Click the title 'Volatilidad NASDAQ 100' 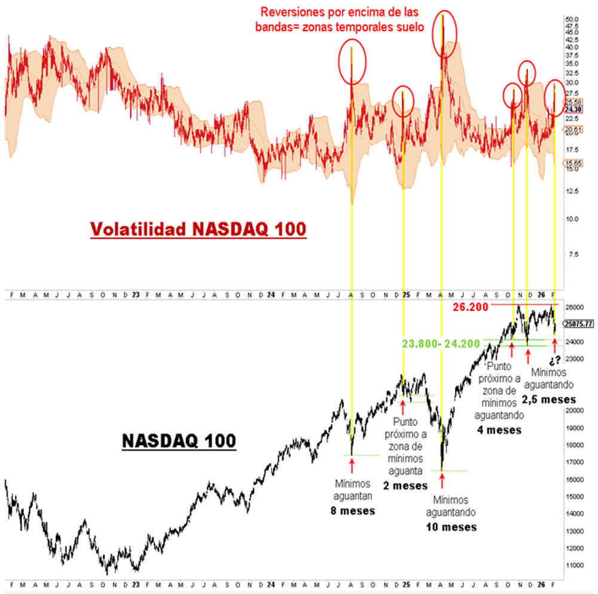click(198, 229)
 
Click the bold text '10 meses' click(451, 526)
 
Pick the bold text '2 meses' click(405, 485)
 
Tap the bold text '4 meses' click(498, 429)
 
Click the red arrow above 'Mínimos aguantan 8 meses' click(351, 464)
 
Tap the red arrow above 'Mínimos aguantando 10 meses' click(442, 481)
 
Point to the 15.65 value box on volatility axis click(573, 163)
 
